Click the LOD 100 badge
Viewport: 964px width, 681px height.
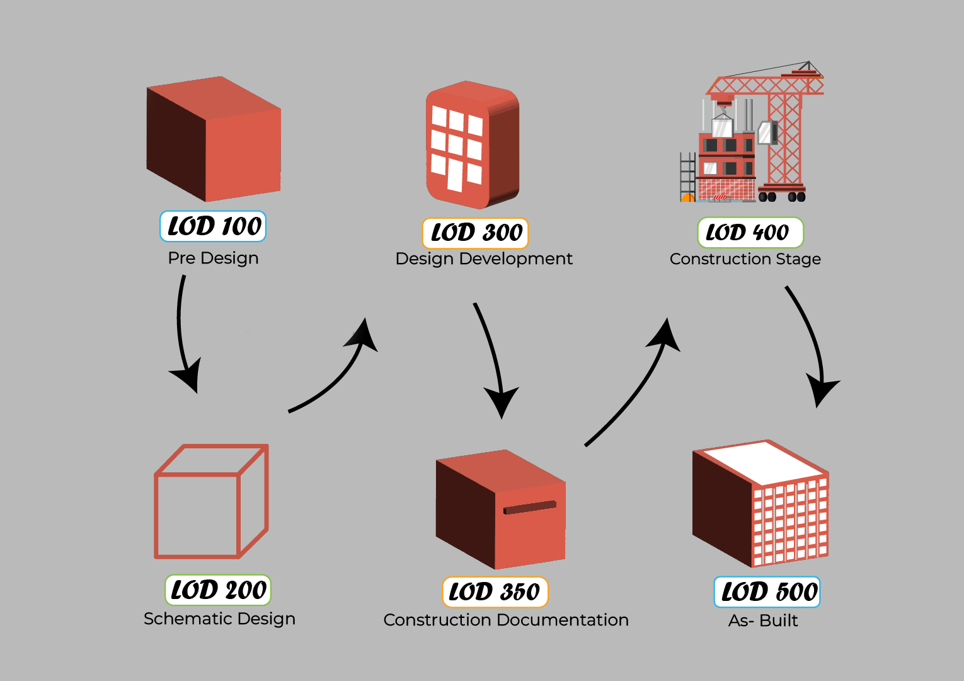(213, 226)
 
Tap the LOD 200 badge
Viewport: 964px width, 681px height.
(218, 590)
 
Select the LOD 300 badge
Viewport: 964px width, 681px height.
(476, 233)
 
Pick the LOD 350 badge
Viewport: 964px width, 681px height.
(495, 592)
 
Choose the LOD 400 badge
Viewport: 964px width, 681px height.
(750, 233)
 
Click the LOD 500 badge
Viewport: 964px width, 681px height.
(767, 592)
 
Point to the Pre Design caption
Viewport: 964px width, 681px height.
(213, 258)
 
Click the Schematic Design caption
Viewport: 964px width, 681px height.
(219, 619)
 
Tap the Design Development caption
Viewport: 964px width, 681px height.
(483, 259)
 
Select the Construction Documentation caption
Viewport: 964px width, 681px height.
(506, 620)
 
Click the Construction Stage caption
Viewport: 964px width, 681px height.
(745, 259)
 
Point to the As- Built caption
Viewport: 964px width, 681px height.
(762, 620)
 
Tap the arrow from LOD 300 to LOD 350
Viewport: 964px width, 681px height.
(491, 353)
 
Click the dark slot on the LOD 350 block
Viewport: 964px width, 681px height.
(529, 508)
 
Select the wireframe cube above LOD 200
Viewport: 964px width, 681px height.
(212, 502)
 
